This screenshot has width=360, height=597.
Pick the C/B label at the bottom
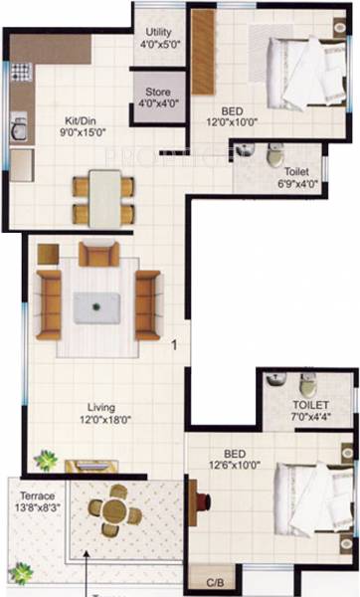[x=213, y=581]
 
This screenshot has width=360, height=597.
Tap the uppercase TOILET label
[x=310, y=406]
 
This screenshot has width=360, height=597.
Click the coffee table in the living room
[x=96, y=306]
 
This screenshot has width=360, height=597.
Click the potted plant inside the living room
[x=45, y=460]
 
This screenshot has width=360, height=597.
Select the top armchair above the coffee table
[x=98, y=255]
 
